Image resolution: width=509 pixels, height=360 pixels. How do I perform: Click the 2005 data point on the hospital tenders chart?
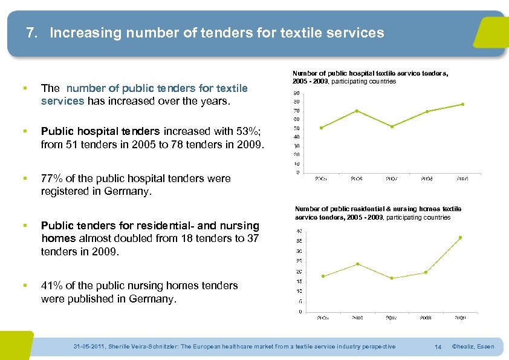[x=321, y=127]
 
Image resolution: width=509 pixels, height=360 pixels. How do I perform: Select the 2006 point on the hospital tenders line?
[x=357, y=111]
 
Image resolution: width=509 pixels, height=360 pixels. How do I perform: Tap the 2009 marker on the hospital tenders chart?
[x=462, y=104]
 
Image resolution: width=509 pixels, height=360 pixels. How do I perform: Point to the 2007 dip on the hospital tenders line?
[x=392, y=126]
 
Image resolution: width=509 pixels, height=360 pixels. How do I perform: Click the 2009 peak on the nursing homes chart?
[x=460, y=237]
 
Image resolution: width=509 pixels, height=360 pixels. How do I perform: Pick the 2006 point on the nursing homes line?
[x=357, y=264]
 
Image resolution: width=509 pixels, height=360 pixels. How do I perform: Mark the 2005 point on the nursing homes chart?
[x=323, y=277]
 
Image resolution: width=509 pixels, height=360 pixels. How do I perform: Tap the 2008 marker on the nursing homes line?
[x=426, y=272]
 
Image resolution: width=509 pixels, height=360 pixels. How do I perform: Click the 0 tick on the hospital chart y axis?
[x=297, y=172]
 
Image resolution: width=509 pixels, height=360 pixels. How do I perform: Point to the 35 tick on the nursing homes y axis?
[x=299, y=241]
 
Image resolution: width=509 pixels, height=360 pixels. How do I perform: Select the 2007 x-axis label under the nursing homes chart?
[x=391, y=317]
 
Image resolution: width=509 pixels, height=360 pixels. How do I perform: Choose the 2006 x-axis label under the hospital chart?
[x=357, y=178]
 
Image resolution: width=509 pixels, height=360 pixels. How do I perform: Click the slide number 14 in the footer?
[x=438, y=347]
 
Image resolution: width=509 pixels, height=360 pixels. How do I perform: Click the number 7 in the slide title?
[x=31, y=33]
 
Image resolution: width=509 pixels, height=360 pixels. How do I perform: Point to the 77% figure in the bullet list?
[x=51, y=178]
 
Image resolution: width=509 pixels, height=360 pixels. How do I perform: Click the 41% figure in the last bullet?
[x=51, y=286]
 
